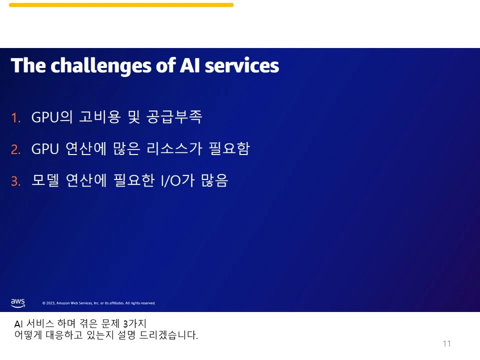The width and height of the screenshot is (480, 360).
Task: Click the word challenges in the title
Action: tap(101, 66)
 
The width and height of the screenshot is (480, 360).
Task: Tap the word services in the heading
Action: tap(242, 65)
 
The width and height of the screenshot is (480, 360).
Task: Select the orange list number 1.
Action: tap(15, 118)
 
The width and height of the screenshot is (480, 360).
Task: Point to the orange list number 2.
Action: tap(15, 149)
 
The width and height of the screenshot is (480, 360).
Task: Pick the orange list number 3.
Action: tap(15, 181)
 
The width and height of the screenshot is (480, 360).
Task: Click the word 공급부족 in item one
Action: tap(174, 116)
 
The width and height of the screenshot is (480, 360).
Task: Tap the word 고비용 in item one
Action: tap(100, 116)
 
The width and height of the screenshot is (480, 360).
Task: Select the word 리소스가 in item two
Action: tap(174, 148)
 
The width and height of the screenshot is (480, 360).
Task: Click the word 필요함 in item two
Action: tap(229, 148)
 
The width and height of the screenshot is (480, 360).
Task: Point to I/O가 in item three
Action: tap(177, 180)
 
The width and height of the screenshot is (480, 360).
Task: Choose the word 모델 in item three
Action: tap(45, 180)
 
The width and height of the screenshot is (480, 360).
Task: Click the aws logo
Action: tap(18, 303)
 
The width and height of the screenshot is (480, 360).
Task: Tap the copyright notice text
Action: tap(99, 303)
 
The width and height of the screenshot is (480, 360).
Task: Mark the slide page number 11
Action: tap(446, 344)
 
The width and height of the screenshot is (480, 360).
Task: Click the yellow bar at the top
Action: tap(121, 5)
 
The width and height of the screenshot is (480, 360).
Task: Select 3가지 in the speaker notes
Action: tap(134, 323)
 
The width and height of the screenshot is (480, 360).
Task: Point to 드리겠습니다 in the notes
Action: tap(168, 335)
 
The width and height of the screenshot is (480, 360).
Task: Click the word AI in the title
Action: tap(190, 65)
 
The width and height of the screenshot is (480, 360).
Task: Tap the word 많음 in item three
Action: tap(214, 180)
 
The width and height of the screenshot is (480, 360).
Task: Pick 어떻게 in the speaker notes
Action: tap(28, 335)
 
